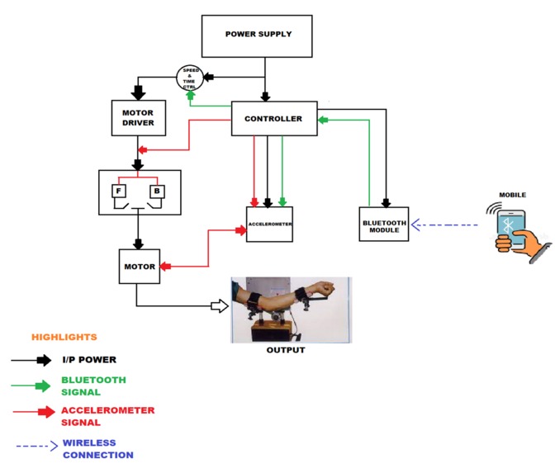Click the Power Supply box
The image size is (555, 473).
pyautogui.click(x=257, y=36)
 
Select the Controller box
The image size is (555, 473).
pyautogui.click(x=274, y=119)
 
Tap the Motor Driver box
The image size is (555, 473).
pyautogui.click(x=139, y=118)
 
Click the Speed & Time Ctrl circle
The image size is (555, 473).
pyautogui.click(x=190, y=78)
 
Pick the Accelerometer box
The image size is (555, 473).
pyautogui.click(x=269, y=225)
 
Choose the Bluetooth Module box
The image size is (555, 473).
pyautogui.click(x=384, y=225)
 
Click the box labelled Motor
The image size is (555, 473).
pyautogui.click(x=140, y=267)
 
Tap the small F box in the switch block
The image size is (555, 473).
pyautogui.click(x=119, y=191)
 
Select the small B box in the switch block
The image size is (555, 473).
pyautogui.click(x=157, y=191)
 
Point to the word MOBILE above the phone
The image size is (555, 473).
pyautogui.click(x=513, y=195)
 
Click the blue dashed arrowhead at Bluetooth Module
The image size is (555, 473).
pyautogui.click(x=415, y=225)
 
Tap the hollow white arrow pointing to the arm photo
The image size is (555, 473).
pyautogui.click(x=220, y=306)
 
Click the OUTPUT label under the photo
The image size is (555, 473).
pyautogui.click(x=286, y=350)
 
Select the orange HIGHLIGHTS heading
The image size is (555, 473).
pyautogui.click(x=64, y=337)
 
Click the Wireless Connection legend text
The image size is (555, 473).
pyautogui.click(x=98, y=449)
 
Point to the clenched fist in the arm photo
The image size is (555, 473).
pyautogui.click(x=325, y=288)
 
